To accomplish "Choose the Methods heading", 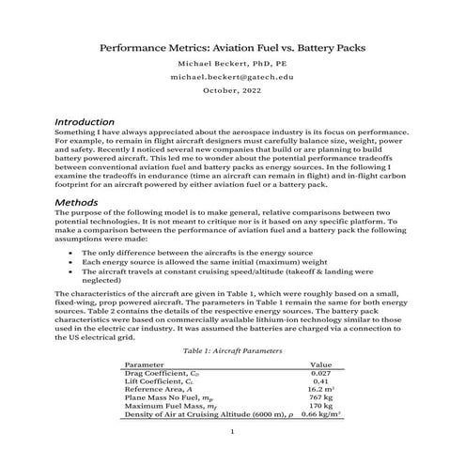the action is click(81, 202).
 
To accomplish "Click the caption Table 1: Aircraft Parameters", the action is click(232, 349).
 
